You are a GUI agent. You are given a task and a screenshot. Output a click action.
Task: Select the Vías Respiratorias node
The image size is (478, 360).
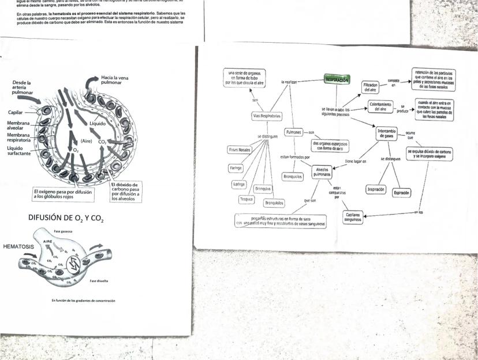(267, 116)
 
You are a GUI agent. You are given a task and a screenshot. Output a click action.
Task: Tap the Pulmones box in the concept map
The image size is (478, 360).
(294, 132)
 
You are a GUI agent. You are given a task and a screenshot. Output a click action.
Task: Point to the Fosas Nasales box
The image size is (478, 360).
(240, 149)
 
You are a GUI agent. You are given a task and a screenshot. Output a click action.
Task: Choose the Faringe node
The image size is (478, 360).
(236, 168)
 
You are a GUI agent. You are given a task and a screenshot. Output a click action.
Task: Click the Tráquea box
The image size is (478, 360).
(247, 199)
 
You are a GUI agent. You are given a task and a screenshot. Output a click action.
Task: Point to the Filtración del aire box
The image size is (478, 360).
(370, 87)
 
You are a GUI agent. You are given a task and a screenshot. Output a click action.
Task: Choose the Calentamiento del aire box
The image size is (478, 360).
(380, 107)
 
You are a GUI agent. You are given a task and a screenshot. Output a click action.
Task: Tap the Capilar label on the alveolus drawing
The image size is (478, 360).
(16, 112)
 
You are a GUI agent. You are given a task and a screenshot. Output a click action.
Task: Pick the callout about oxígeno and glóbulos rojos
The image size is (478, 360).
(62, 194)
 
